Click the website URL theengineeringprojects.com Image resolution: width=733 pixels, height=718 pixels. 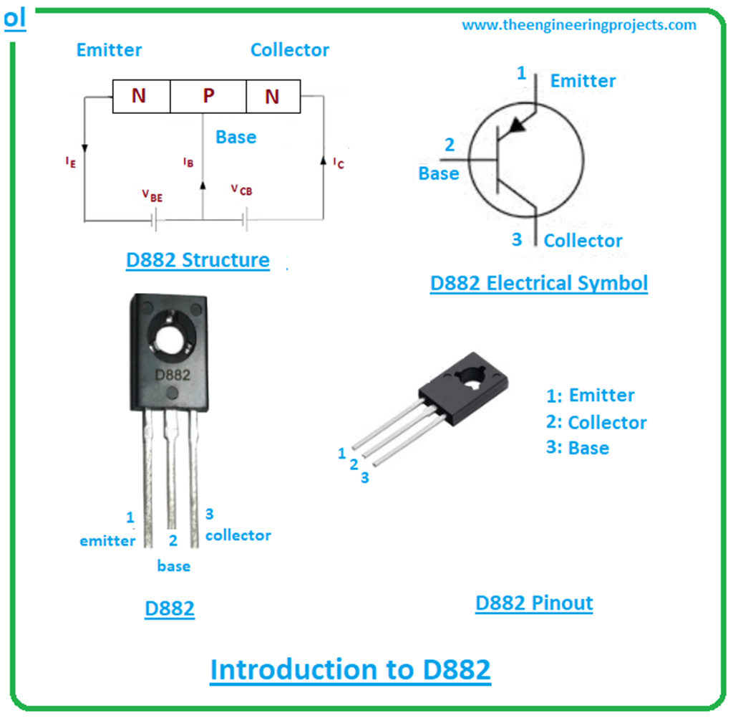coord(578,25)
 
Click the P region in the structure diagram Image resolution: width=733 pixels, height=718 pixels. coord(208,96)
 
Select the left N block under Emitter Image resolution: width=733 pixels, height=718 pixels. coord(139,96)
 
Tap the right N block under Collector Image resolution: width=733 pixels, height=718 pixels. coord(272,96)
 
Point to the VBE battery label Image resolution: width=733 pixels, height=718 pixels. coord(152,196)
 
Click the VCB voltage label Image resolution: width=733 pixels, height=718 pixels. coord(241,189)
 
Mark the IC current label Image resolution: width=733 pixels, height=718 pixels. coord(338,163)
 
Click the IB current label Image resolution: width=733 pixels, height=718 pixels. coord(188,163)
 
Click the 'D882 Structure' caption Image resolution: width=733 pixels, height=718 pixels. coord(198,259)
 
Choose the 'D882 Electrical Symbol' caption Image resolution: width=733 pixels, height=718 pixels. coord(538,283)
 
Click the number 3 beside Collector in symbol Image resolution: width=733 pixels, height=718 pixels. coord(517,239)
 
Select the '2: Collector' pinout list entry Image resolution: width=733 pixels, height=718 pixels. coord(596,423)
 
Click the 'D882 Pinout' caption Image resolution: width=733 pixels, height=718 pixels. coord(534,603)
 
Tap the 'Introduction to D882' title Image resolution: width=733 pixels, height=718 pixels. coord(350,670)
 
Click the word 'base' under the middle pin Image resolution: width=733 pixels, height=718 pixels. coord(174,566)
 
